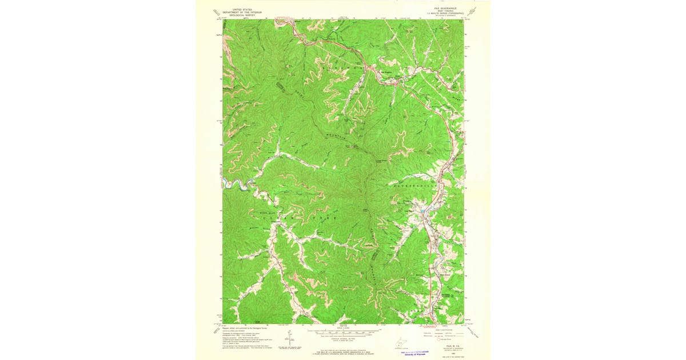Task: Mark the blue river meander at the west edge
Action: [x=235, y=183]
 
